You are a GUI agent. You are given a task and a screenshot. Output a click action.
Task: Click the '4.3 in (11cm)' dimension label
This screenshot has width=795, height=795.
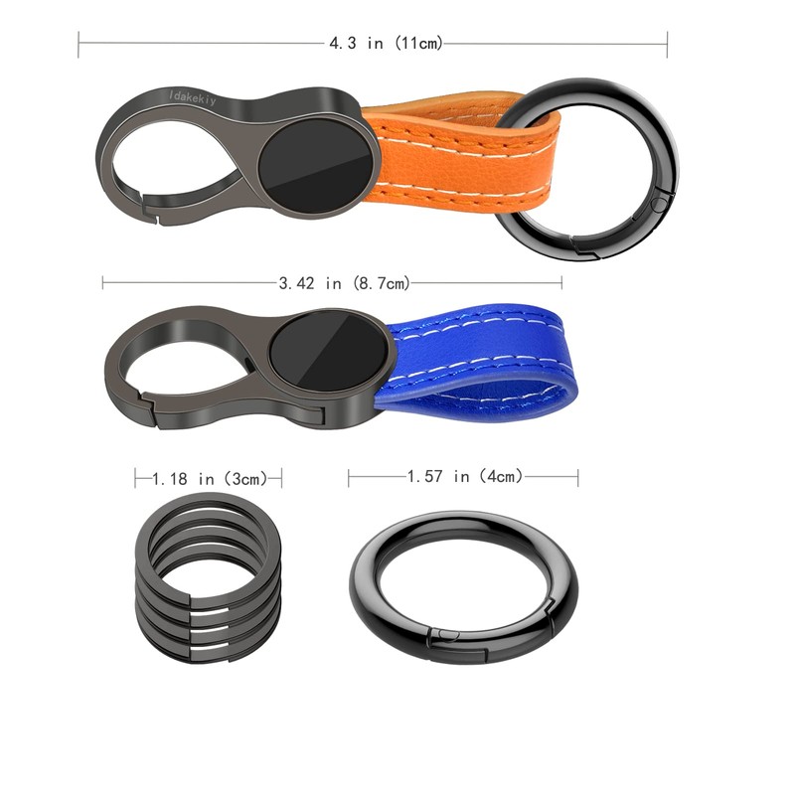[x=386, y=43]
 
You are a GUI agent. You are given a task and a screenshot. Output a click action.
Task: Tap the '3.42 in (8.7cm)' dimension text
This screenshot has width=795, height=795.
[x=344, y=283]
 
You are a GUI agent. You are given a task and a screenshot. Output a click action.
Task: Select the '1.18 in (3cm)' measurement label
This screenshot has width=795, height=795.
[x=210, y=479]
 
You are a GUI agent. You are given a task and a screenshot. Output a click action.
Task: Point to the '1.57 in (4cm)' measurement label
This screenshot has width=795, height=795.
[x=464, y=476]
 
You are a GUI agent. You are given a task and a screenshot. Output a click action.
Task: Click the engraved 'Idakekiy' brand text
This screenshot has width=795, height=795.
[x=193, y=97]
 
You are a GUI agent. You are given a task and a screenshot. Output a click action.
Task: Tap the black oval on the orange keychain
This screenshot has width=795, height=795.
[x=315, y=166]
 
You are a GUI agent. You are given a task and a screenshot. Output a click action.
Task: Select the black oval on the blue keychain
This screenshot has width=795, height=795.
[x=329, y=351]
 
